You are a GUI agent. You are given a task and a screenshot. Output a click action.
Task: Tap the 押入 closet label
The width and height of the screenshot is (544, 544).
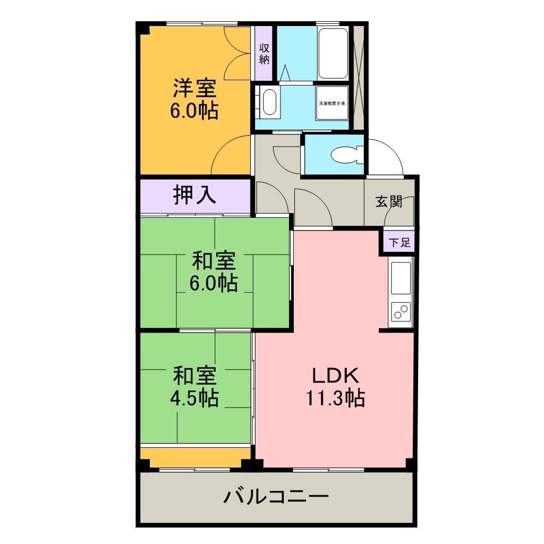[x=194, y=195]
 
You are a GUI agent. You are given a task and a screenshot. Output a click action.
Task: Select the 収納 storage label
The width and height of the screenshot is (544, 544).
[x=264, y=54]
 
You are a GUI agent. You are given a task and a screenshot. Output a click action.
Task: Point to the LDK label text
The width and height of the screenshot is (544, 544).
[x=335, y=376]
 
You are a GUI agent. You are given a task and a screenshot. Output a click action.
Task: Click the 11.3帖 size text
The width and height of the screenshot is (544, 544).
[x=335, y=398]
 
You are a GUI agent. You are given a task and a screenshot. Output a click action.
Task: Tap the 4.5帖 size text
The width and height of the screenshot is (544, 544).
[x=194, y=398]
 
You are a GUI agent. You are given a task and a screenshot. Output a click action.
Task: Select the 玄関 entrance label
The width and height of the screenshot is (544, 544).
[x=389, y=201]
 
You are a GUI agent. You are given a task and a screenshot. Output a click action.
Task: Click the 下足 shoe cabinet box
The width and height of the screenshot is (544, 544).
[x=399, y=243]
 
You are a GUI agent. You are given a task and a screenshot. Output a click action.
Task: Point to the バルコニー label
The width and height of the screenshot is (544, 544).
[x=276, y=498]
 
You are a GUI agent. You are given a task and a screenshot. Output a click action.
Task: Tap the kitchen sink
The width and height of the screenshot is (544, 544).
[x=401, y=278]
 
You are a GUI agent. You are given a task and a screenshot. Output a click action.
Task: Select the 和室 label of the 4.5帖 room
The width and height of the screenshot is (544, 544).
[x=194, y=376]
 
